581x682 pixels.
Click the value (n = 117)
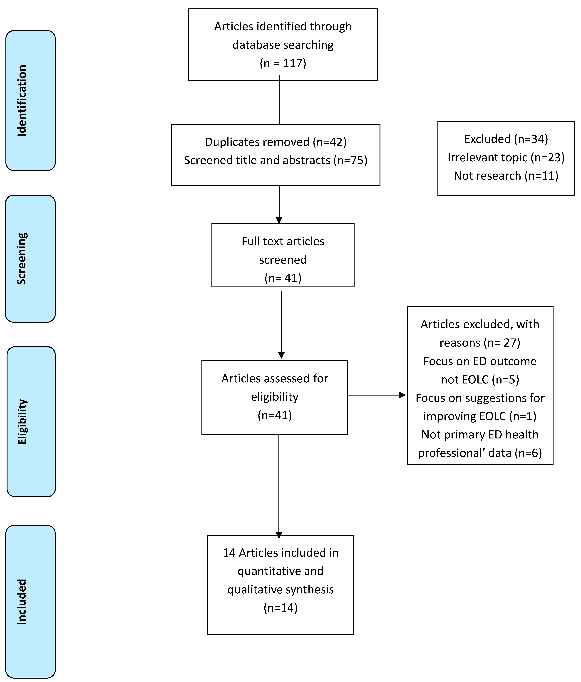(x=283, y=63)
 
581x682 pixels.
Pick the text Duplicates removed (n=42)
(x=276, y=142)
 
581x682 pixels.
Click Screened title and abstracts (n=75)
(x=276, y=160)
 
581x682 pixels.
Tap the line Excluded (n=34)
(x=506, y=139)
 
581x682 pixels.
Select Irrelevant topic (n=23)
(x=506, y=157)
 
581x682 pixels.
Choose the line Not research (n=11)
(x=506, y=176)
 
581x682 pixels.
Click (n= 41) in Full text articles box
(x=283, y=278)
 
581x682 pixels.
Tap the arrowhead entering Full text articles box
(x=279, y=220)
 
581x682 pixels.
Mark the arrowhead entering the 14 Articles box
(x=279, y=535)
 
